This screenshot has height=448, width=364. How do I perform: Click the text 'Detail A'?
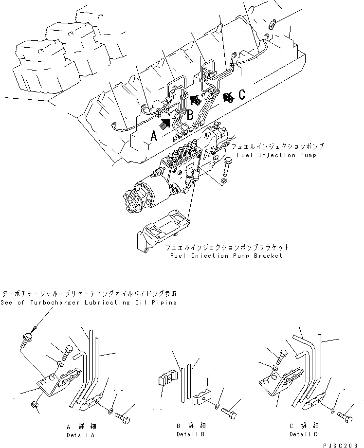(x=80, y=435)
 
